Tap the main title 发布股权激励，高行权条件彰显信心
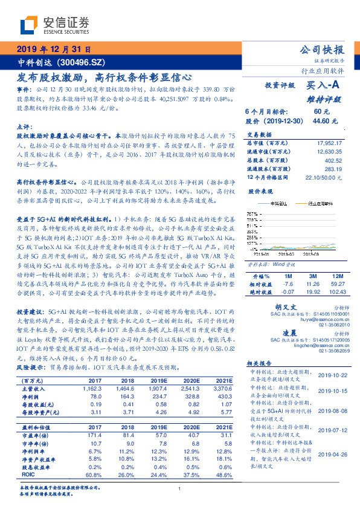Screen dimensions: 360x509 point(104,77)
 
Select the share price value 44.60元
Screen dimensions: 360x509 point(321,120)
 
